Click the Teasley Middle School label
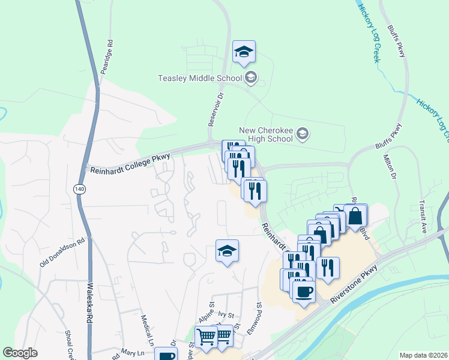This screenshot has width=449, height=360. [x=199, y=78]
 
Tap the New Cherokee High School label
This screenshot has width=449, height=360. [x=266, y=134]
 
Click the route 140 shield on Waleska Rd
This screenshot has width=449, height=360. [x=79, y=188]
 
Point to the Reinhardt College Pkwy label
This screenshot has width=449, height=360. [x=130, y=164]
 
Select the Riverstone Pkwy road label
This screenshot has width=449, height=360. [x=356, y=282]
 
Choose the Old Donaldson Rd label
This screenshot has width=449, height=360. [x=63, y=253]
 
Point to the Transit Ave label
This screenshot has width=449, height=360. [x=423, y=216]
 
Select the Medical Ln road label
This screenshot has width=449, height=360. [x=147, y=331]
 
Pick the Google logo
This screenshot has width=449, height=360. [x=20, y=353]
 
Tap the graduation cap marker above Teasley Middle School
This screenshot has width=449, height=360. [x=244, y=52]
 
